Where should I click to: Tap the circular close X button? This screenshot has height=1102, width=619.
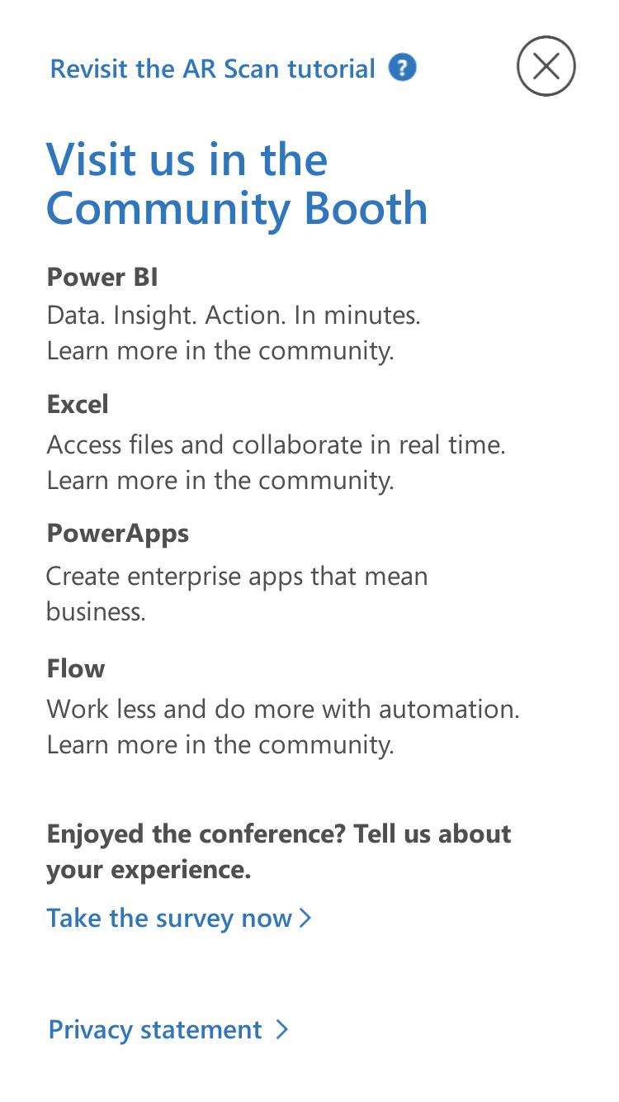(x=546, y=66)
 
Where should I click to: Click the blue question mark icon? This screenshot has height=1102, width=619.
(x=402, y=68)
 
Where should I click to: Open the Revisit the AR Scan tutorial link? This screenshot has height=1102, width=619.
(x=212, y=69)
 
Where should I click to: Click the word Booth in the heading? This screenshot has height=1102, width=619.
(x=366, y=209)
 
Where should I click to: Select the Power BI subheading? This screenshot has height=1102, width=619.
(x=102, y=277)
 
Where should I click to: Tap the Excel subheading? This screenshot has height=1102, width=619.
(x=78, y=405)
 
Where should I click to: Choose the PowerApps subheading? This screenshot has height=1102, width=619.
(x=117, y=534)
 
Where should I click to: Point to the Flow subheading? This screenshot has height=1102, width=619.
(x=76, y=668)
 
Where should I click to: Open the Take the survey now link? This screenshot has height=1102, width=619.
(x=169, y=919)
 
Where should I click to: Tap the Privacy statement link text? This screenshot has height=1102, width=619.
(x=155, y=1030)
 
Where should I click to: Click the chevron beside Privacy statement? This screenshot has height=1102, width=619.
(x=281, y=1029)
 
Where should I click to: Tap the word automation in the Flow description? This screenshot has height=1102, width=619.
(x=449, y=710)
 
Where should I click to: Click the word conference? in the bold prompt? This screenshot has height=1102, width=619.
(x=272, y=834)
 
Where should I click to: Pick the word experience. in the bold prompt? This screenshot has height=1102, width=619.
(x=181, y=871)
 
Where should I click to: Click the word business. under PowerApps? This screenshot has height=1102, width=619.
(x=96, y=612)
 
